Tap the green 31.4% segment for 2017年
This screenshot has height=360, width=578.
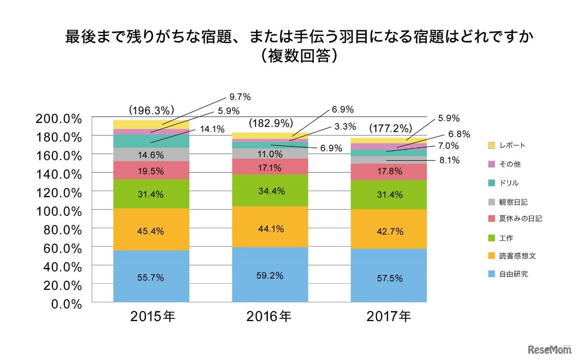click(x=389, y=195)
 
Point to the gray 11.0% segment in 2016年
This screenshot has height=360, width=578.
click(x=270, y=154)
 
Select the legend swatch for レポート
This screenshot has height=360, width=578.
click(x=491, y=145)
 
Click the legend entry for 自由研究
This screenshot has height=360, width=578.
click(x=513, y=274)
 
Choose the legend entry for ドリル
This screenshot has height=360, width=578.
click(x=509, y=183)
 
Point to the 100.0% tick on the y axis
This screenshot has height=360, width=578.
click(x=59, y=211)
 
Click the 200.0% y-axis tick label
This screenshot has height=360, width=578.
click(x=59, y=119)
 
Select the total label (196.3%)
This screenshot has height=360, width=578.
click(x=152, y=110)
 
